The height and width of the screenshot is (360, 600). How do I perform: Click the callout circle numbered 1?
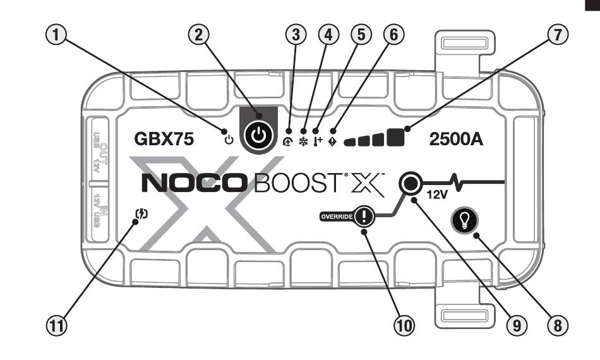(x=57, y=37)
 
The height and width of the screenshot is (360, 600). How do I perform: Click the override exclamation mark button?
(x=364, y=218)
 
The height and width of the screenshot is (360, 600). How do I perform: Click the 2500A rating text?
(x=456, y=140)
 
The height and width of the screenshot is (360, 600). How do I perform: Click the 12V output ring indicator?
(x=410, y=183)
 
